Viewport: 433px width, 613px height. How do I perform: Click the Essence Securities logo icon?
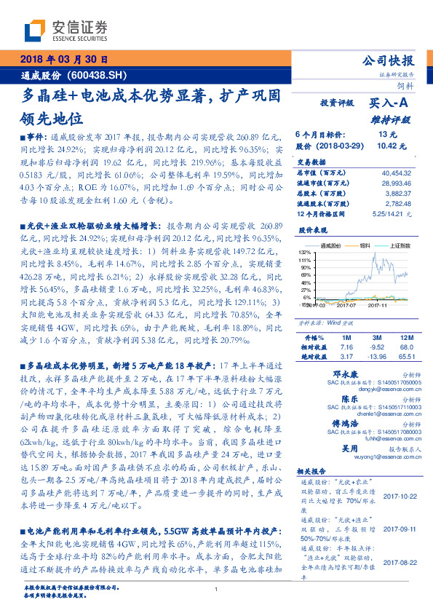coord(37,31)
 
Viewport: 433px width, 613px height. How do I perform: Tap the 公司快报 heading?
coord(387,61)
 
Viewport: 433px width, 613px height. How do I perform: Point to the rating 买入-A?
coord(390,104)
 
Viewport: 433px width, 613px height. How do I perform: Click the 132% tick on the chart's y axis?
coord(303,251)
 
